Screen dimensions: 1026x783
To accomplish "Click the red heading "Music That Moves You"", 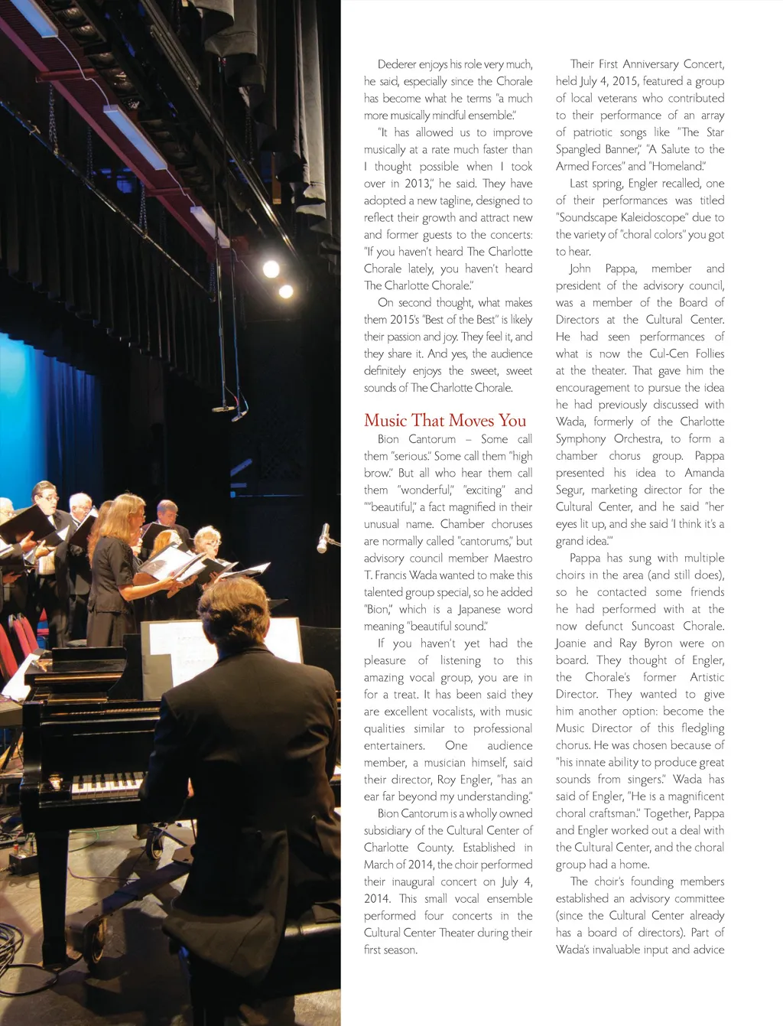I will [x=445, y=421].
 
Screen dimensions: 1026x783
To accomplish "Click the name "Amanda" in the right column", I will [x=704, y=473].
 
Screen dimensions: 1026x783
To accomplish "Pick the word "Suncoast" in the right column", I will [x=653, y=627].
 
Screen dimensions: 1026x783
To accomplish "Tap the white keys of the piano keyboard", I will [x=106, y=785].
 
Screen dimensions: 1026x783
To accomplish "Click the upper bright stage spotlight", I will [x=271, y=269].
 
